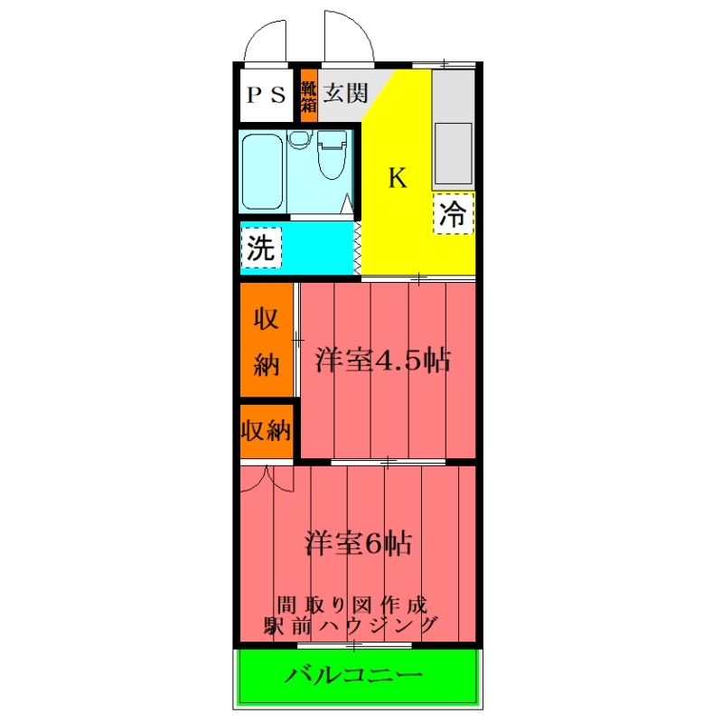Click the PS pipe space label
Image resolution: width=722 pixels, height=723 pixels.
[x=266, y=95]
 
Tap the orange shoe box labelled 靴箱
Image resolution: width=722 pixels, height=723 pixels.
[x=308, y=96]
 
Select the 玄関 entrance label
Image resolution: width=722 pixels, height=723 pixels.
[x=345, y=93]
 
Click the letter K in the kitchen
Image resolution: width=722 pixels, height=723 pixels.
[x=398, y=177]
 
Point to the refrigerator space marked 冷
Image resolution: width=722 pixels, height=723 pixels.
[x=454, y=213]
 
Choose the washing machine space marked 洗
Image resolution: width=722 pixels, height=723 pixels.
[x=261, y=248]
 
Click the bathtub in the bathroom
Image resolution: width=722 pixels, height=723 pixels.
[x=262, y=172]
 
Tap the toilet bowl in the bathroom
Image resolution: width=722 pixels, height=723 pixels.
[x=332, y=155]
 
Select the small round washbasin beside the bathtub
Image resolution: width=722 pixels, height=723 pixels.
[x=300, y=139]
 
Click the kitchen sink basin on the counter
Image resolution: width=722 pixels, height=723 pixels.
[x=454, y=154]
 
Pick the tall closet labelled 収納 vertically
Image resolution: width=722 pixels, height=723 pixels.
[x=267, y=340]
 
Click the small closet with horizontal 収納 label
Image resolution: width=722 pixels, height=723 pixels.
[x=267, y=431]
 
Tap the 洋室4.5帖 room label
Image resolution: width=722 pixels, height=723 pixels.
[x=382, y=360]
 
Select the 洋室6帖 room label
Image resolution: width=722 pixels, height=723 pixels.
[x=358, y=543]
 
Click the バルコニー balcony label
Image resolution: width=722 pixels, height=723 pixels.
[x=353, y=675]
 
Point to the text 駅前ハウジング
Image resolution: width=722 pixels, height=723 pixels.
[x=351, y=625]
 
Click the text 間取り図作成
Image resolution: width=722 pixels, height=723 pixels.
[x=352, y=605]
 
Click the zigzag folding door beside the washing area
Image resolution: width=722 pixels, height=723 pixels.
[x=357, y=249]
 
